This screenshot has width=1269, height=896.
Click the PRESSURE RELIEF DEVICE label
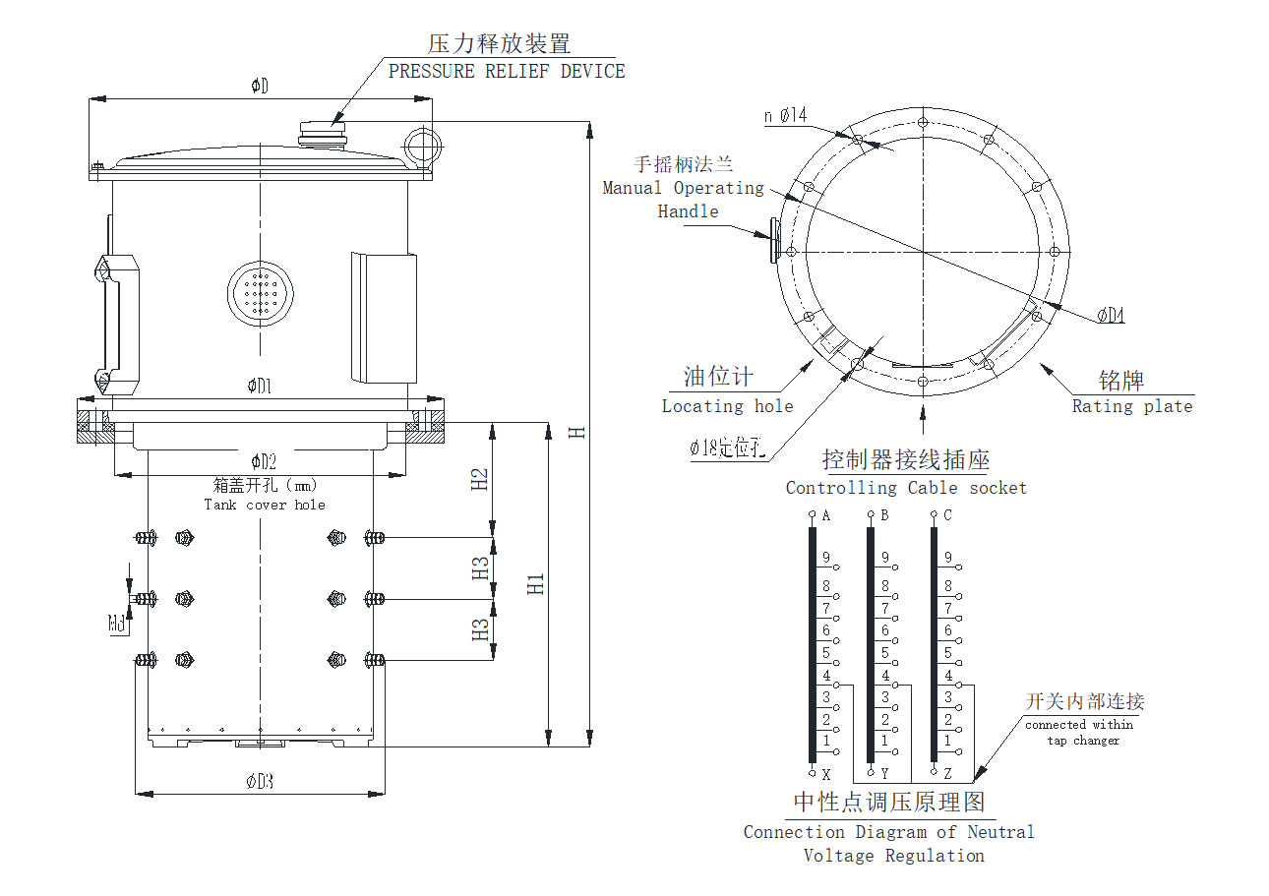coord(507,71)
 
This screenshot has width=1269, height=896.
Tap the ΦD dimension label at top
coord(260,87)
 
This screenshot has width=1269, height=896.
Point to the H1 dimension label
coord(536,583)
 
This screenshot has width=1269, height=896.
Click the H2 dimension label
coord(480,479)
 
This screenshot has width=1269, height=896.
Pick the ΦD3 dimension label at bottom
coord(259,782)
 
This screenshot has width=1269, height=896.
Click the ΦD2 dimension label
coord(263,461)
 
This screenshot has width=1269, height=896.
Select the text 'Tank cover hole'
coord(265,505)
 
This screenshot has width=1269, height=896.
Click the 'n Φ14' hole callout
coord(785,116)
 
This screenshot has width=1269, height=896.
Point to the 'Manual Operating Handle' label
coord(685,199)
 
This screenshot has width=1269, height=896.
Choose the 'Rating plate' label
coord(1131,406)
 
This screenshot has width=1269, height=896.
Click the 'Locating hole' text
coord(727,406)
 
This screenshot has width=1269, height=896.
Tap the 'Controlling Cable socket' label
coord(906,488)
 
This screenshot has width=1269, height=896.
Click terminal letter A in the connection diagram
coord(826,515)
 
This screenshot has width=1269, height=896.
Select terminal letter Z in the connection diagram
coord(947,774)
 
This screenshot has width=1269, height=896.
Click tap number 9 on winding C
coord(947,559)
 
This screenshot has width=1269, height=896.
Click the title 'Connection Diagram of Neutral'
coord(888,832)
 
